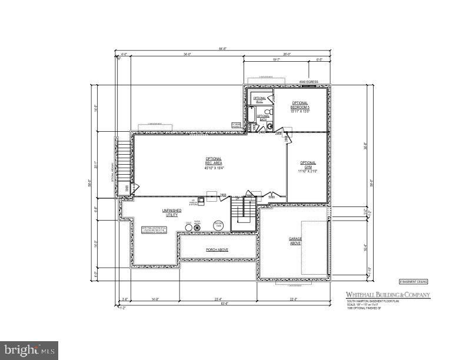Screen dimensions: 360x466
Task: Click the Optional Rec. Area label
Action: (x=214, y=163)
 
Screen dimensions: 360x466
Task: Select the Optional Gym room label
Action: (x=308, y=166)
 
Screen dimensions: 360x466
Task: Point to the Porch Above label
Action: (x=217, y=250)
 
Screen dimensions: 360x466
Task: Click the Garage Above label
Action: (x=295, y=241)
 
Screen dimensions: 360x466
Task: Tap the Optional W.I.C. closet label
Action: (x=260, y=99)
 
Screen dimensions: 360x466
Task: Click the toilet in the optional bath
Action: (x=268, y=112)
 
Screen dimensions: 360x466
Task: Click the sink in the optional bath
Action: (x=270, y=126)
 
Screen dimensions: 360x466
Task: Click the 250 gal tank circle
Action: (x=218, y=226)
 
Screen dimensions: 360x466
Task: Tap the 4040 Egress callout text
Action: (x=308, y=82)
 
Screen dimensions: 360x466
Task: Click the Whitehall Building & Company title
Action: (x=387, y=295)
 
